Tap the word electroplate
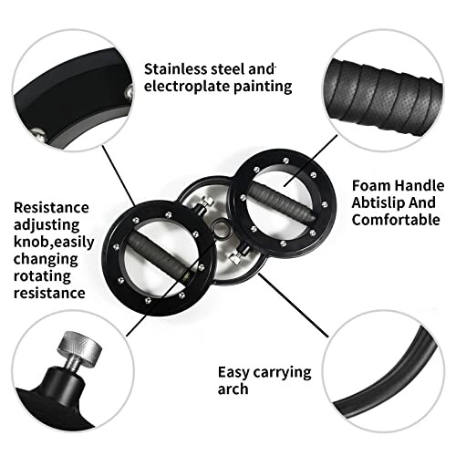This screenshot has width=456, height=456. coord(191,87)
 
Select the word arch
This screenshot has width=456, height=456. coord(235,390)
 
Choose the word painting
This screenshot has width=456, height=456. coord(265,87)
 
